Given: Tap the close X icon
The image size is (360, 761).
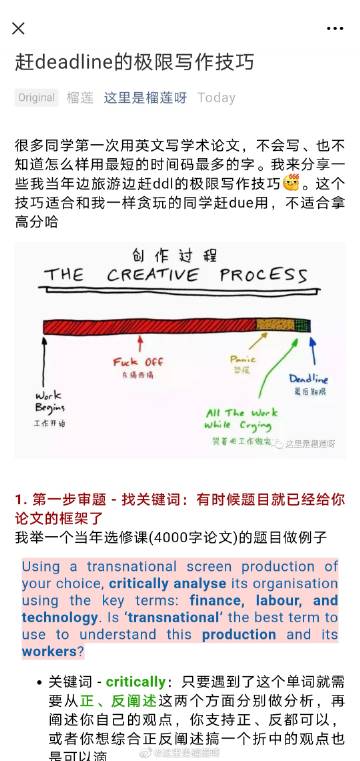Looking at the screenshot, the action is point(18,28).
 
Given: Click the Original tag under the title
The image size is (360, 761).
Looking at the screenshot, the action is point(36,98).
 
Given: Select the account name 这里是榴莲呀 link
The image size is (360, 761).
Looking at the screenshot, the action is point(145,98).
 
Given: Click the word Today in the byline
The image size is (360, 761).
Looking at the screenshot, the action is point(217,98).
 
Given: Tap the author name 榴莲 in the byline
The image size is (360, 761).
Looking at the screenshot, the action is point(80,98).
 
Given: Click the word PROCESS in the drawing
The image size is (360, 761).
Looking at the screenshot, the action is point(267,274).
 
